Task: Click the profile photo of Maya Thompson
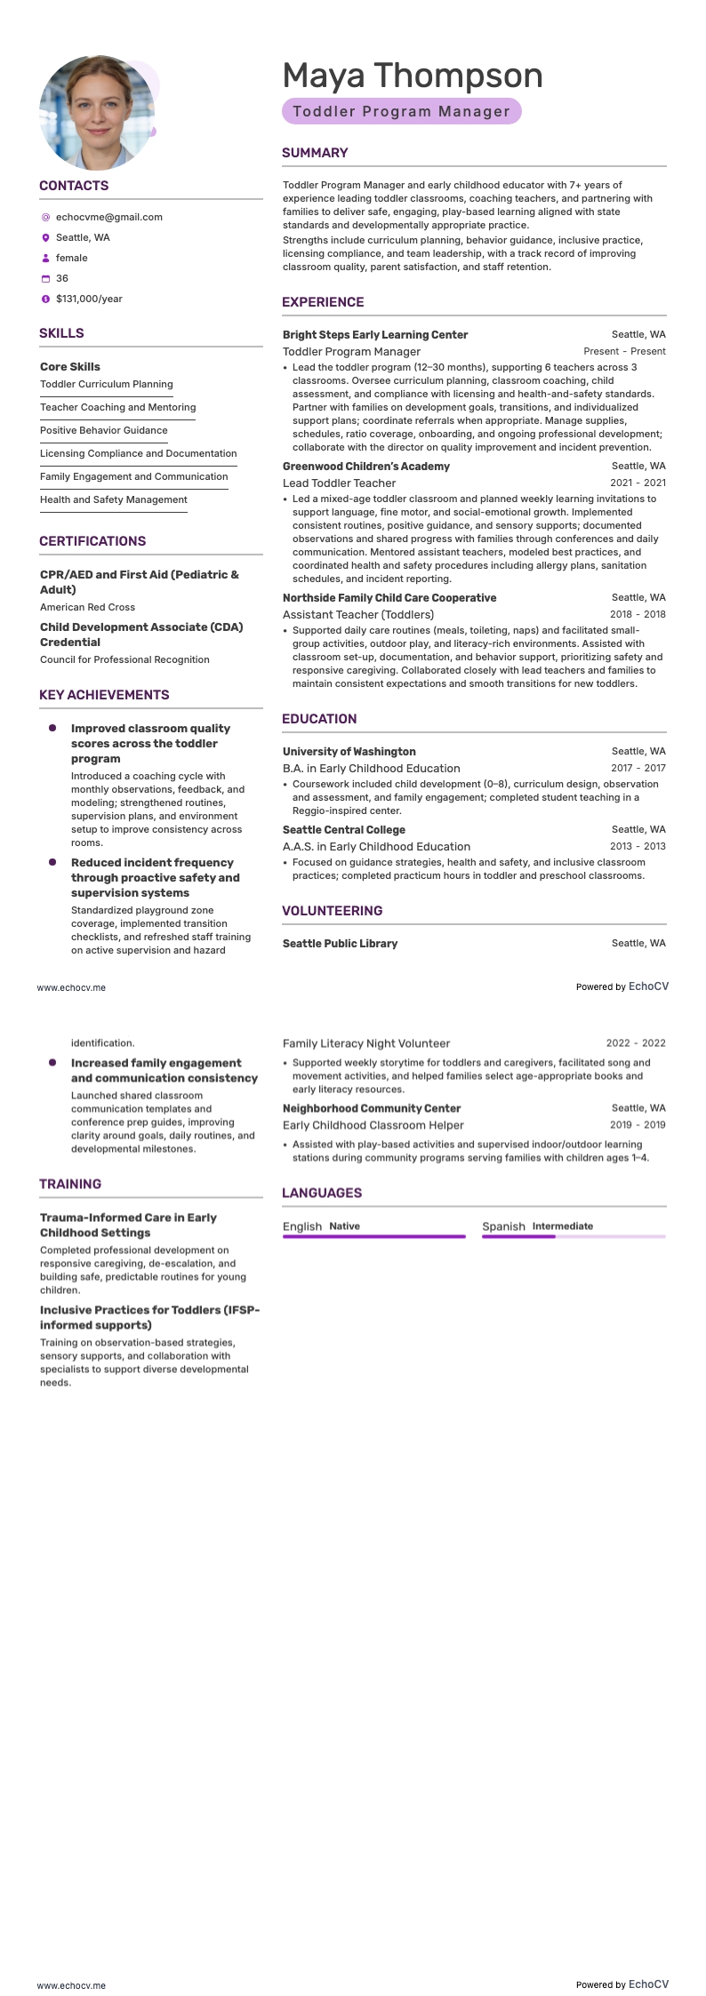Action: coord(96,112)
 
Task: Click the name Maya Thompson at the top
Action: coord(412,76)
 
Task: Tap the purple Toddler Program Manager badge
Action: coord(401,112)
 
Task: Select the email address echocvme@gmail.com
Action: coord(108,217)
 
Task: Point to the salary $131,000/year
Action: coord(89,299)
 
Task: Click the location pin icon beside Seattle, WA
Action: coord(45,238)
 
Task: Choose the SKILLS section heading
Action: coord(61,333)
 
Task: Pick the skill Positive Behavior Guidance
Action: coord(103,430)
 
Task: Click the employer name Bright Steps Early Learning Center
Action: coord(374,335)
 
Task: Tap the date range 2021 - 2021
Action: coord(638,483)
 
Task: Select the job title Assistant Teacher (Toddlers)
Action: coord(358,614)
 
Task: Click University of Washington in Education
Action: coord(349,752)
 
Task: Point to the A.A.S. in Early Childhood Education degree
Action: coord(376,846)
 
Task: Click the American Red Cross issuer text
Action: coord(87,607)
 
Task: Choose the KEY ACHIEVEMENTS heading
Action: coord(104,695)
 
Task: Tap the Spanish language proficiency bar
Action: coord(573,1236)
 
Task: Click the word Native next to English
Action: coord(344,1226)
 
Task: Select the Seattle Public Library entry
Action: coord(340,944)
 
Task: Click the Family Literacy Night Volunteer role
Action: coord(366,1043)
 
